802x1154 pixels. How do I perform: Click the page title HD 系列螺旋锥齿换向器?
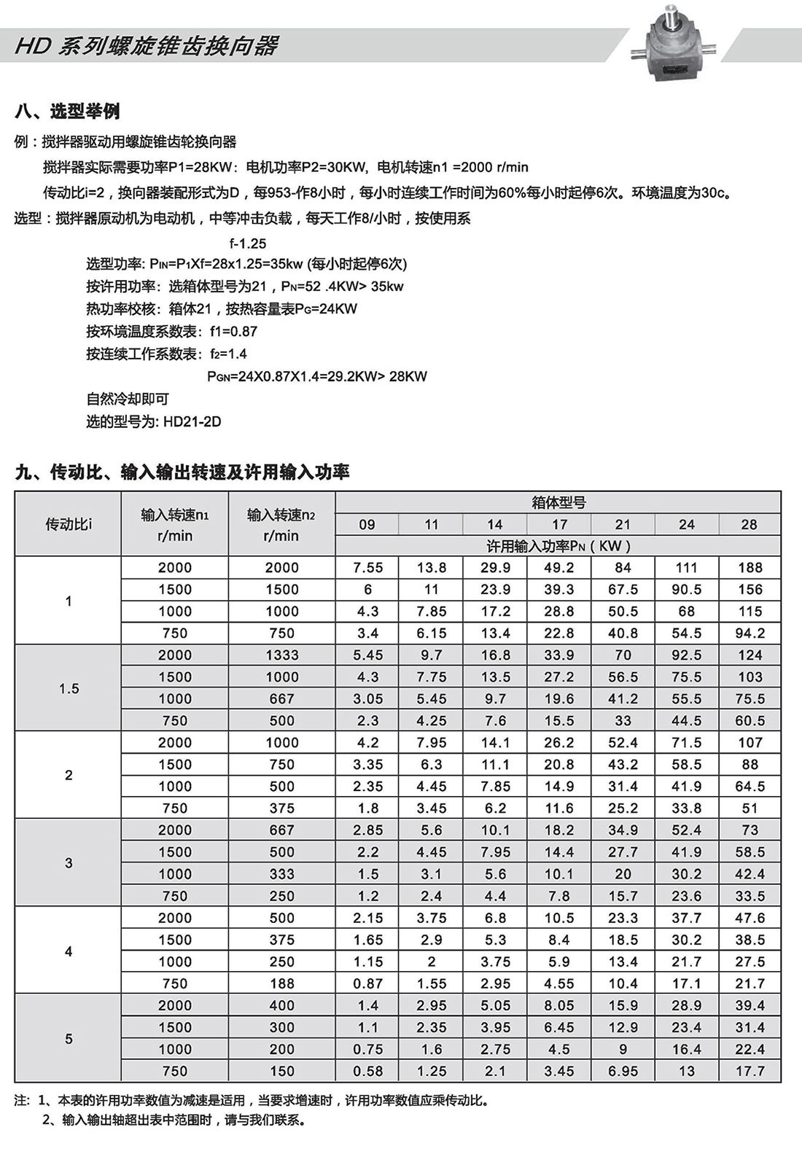coord(147,46)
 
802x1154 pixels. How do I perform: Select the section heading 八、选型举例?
coord(67,112)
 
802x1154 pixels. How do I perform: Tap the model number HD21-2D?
coord(192,421)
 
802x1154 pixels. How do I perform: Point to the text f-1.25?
coord(247,243)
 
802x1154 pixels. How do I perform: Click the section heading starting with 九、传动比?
coord(182,472)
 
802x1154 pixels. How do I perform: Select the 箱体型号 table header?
coord(558,502)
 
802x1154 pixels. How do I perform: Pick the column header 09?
coord(367,524)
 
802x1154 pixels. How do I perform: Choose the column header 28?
coord(749,524)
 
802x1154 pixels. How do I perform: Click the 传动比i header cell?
coord(69,524)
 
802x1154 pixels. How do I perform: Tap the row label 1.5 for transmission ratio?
coord(69,688)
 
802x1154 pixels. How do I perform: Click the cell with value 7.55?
coord(367,568)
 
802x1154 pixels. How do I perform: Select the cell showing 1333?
coord(282,655)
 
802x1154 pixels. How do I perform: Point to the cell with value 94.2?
coord(750,633)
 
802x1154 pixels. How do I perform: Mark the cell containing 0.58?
coord(367,1071)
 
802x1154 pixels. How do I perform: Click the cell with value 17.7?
coord(750,1071)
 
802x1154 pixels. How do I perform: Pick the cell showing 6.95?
coord(623,1071)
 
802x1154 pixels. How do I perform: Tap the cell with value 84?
coord(623,568)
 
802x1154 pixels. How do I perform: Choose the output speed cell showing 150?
coord(282,1071)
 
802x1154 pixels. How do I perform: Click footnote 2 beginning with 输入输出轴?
coord(182,1120)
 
